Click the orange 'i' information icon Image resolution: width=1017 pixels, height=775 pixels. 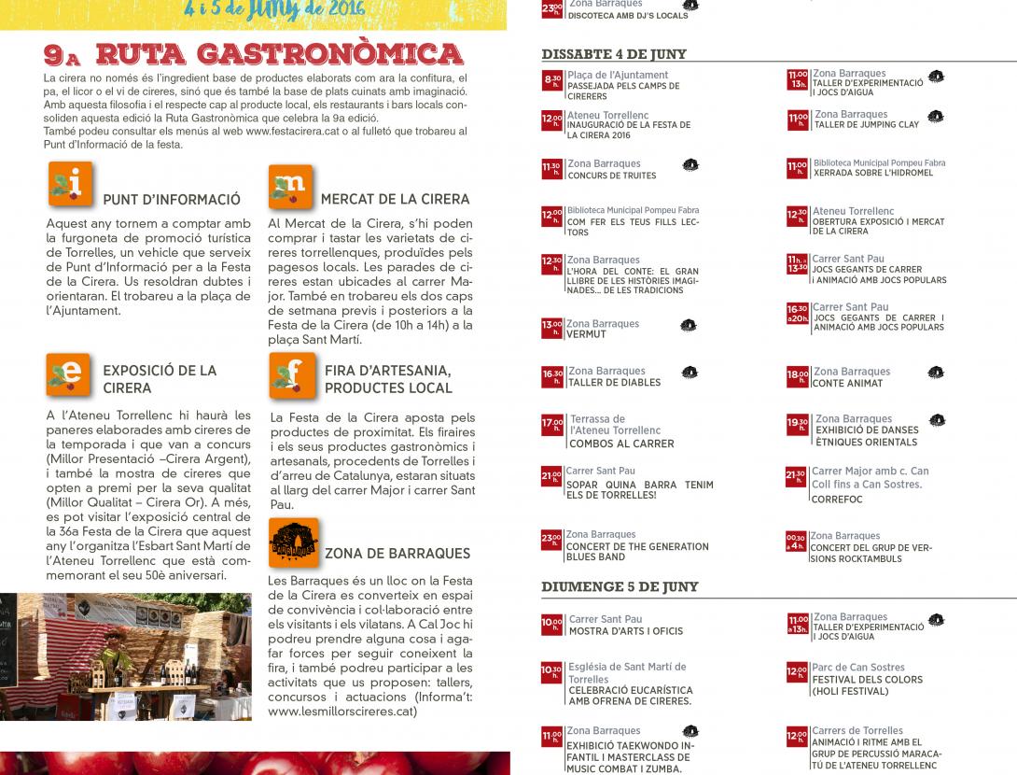[70, 184]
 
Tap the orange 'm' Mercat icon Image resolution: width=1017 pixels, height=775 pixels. [291, 186]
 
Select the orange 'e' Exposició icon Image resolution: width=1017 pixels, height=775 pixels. [68, 373]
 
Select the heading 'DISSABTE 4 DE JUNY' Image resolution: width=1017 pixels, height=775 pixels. [613, 54]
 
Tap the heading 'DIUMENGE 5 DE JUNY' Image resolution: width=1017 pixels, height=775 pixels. [620, 587]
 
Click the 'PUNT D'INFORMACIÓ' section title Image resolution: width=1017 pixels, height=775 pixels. [172, 200]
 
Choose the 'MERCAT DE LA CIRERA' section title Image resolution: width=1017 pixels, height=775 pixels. [395, 199]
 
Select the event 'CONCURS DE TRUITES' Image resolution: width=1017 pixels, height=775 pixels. [611, 176]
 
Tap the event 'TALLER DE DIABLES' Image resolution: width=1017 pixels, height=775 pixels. [613, 383]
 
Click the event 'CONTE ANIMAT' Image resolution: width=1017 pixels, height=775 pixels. [846, 384]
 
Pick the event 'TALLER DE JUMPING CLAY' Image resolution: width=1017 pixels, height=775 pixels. [867, 125]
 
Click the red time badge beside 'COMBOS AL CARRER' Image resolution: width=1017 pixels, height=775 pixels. [551, 425]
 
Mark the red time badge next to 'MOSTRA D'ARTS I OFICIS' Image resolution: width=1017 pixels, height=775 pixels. [551, 624]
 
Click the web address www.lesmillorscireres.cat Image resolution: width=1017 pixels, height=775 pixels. [341, 711]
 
